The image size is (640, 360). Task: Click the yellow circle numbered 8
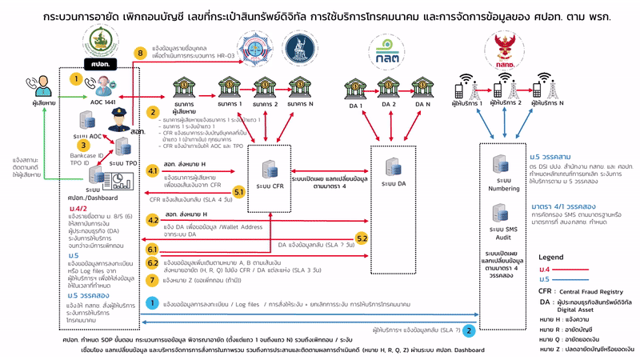[141, 54]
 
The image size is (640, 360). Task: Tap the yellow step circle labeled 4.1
[153, 171]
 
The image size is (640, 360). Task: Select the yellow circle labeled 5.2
[362, 238]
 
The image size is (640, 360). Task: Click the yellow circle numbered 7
[153, 280]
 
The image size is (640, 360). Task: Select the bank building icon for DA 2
[389, 86]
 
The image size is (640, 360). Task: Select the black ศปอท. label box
[99, 62]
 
